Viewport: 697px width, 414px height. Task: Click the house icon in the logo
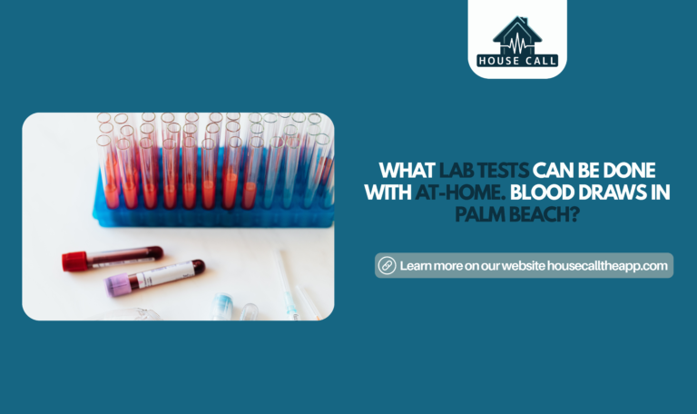[x=516, y=34]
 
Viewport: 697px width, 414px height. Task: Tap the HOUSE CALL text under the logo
[x=517, y=61]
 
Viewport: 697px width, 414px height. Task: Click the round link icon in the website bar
[x=387, y=265]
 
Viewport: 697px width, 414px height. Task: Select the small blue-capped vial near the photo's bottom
[x=223, y=305]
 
